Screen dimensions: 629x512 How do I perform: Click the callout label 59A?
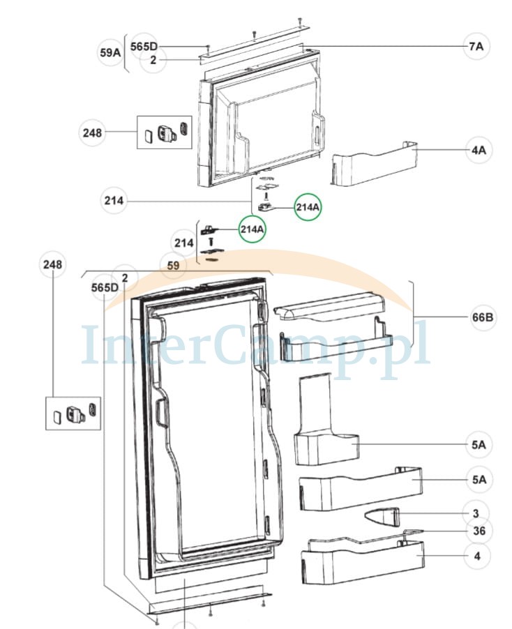click(110, 52)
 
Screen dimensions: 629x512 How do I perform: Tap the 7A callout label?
click(476, 46)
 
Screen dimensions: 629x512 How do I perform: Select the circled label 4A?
click(476, 149)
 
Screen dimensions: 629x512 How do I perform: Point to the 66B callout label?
click(483, 318)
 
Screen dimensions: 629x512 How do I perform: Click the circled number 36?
click(479, 531)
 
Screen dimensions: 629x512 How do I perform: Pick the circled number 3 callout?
click(476, 514)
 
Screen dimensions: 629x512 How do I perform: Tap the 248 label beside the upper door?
click(92, 132)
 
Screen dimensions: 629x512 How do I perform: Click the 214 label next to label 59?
click(183, 243)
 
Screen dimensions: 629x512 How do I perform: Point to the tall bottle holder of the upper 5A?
click(323, 425)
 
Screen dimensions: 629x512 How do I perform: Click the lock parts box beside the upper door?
click(164, 131)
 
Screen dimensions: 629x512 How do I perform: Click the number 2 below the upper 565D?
click(151, 61)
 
